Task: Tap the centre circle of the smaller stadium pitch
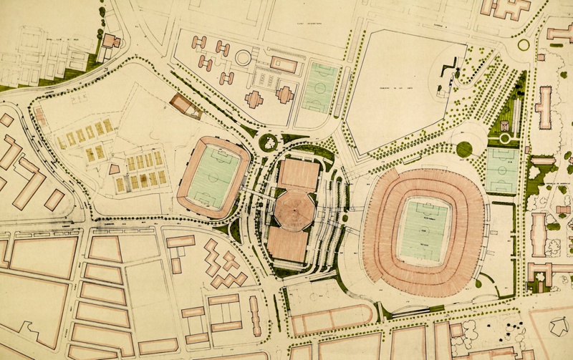[213, 175]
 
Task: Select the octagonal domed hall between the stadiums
[292, 208]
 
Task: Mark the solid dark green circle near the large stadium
[464, 149]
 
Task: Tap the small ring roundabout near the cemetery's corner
[524, 44]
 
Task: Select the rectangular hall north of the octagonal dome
[298, 174]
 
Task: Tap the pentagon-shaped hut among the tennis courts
[115, 169]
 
